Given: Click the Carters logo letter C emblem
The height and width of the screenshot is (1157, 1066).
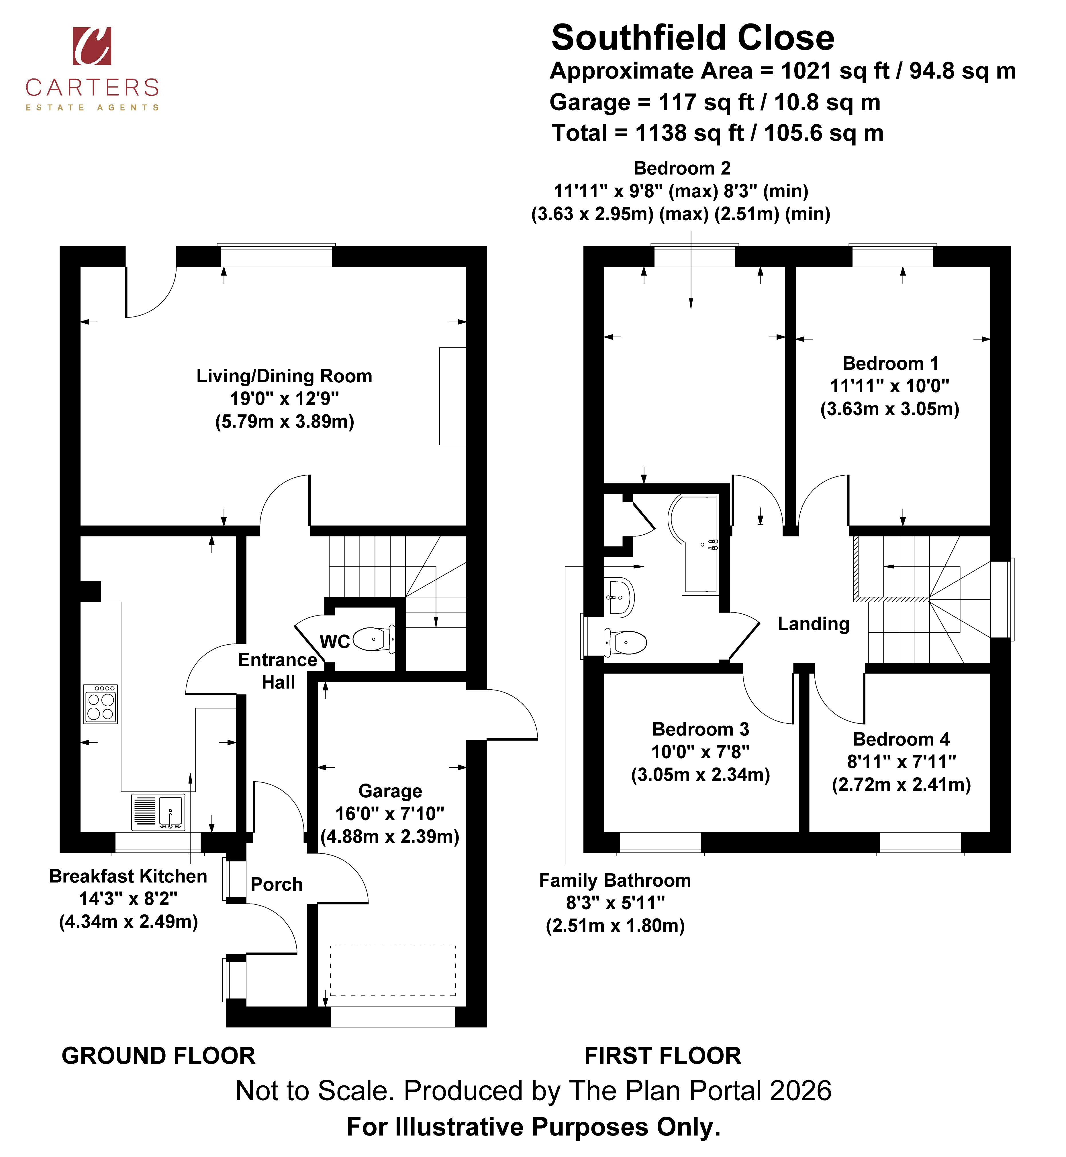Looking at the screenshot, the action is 92,46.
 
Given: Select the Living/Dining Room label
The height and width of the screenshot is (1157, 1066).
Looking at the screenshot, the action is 284,376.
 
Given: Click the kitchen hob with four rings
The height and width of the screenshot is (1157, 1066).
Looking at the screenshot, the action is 100,704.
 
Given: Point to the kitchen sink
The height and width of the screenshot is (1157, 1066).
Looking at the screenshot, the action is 158,812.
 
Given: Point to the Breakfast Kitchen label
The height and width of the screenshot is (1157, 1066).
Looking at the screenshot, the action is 128,876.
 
